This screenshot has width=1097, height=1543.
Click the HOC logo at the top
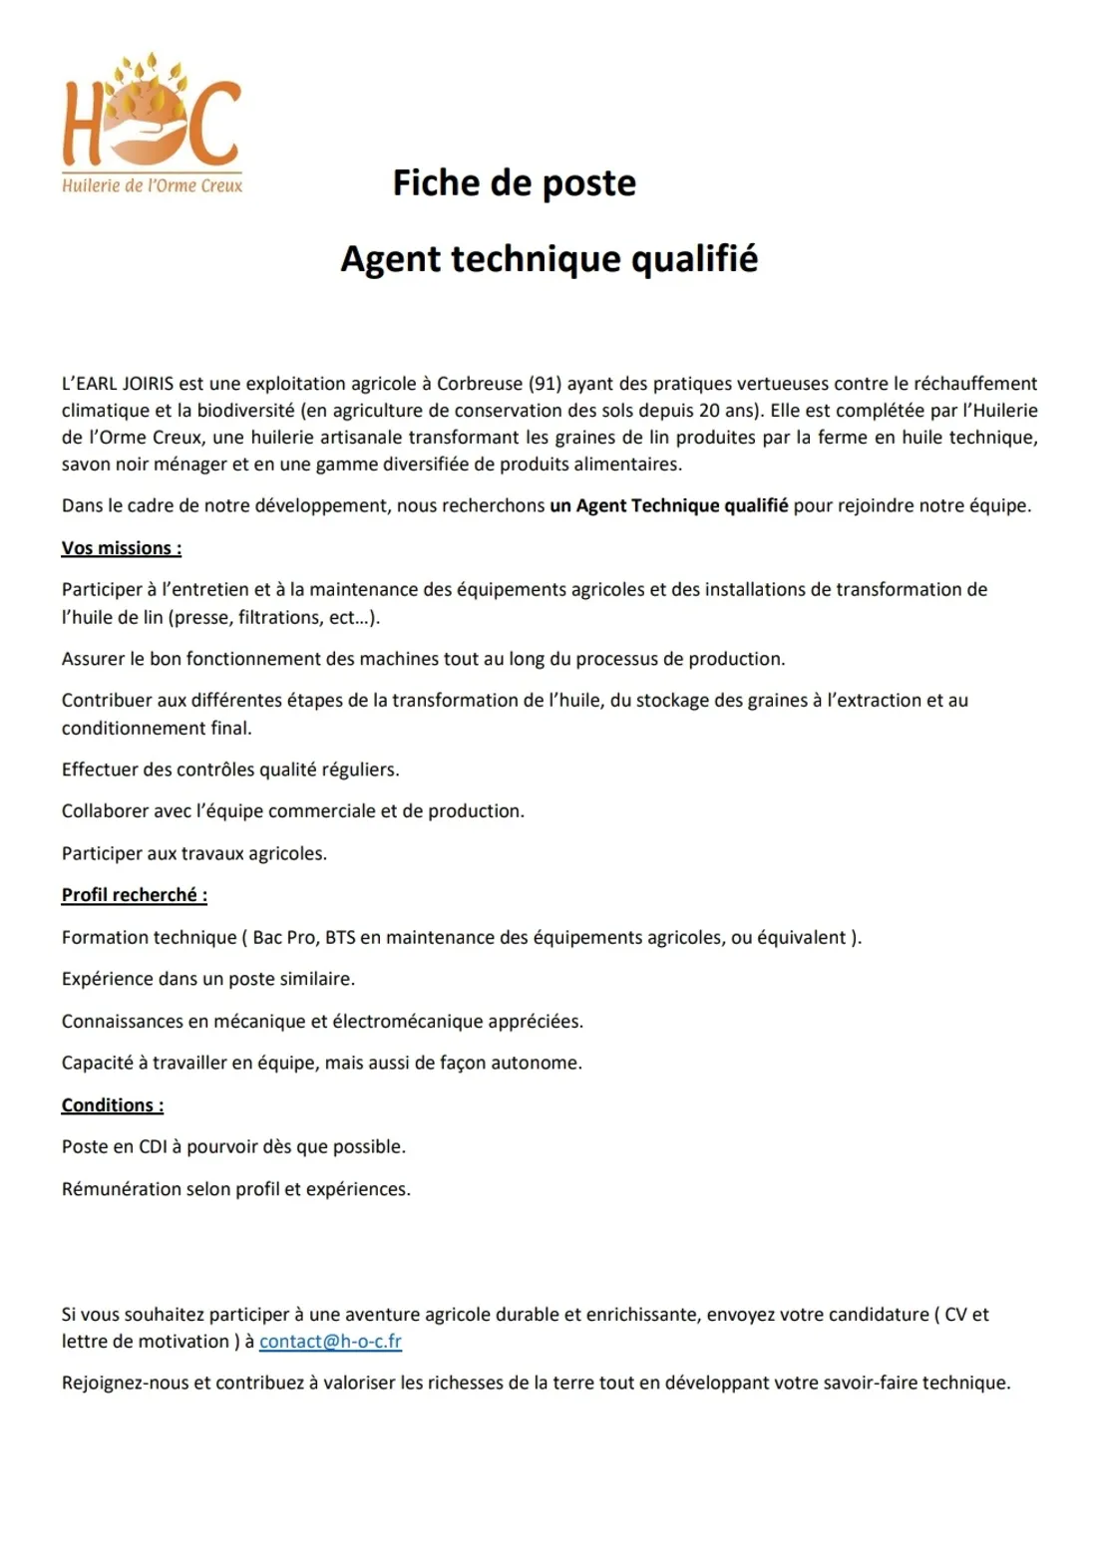coord(152,115)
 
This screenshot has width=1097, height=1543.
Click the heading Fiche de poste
coord(514,183)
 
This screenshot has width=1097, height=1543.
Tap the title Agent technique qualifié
coord(548,259)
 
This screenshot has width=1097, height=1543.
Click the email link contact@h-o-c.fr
coord(330,1342)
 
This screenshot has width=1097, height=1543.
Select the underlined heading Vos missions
coord(121,548)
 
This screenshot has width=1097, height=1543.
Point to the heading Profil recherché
coord(134,895)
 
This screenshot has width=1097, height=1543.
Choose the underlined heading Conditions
coord(112,1105)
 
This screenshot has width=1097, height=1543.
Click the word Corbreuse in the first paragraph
coord(479,384)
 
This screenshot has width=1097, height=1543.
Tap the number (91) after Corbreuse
coord(545,384)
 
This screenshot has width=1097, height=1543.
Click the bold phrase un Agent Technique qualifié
coord(668,505)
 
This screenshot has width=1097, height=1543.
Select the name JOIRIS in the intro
coord(148,384)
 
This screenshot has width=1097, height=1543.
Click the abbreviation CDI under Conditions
coord(153,1147)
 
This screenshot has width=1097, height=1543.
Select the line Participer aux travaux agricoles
coord(193,854)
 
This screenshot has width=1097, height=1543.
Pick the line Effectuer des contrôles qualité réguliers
coord(229,771)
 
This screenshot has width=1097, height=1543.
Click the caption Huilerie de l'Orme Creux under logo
coord(152,186)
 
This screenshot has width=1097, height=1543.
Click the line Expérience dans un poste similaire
coord(207,980)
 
